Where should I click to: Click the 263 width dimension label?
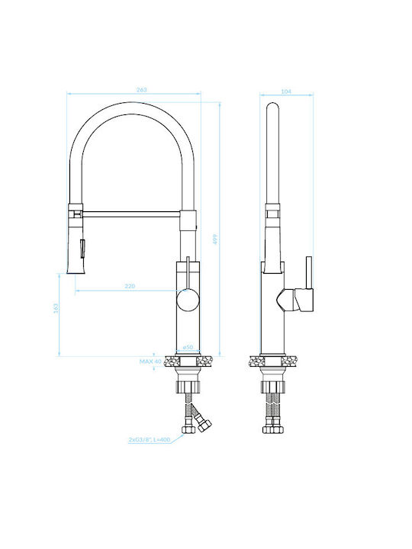coord(142,90)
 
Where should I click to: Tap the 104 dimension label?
coord(286,91)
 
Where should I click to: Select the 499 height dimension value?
coord(215,239)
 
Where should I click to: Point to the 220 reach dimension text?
coord(130,286)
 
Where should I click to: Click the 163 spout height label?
coord(56,308)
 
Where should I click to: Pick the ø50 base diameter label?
coord(188,347)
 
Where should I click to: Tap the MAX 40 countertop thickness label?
coord(150,361)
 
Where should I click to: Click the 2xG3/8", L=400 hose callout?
coord(150,439)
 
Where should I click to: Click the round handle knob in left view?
coord(188,300)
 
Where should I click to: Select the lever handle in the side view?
coord(295,300)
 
